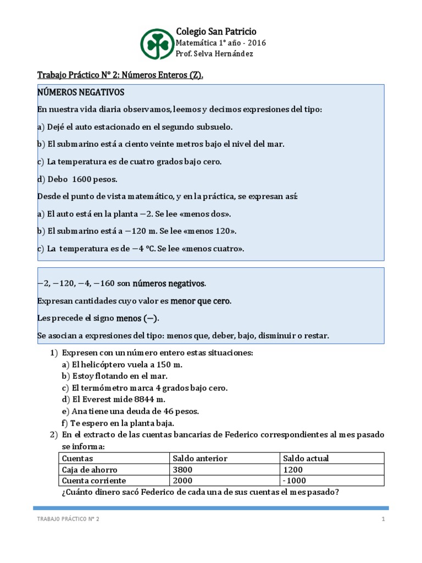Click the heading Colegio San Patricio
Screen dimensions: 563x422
click(215, 31)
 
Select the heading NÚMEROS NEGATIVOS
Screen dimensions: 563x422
click(81, 91)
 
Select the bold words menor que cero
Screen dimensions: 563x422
click(201, 301)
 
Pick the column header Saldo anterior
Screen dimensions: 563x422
click(200, 459)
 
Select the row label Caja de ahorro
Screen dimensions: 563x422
click(90, 470)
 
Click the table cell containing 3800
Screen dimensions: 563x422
click(182, 470)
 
